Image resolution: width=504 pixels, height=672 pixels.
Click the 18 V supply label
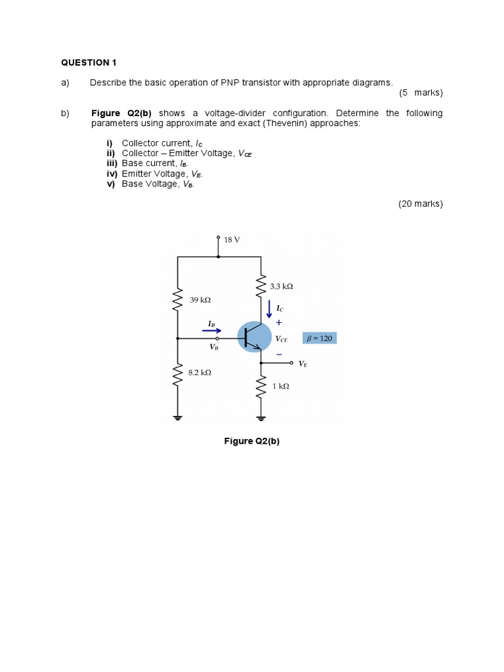[x=232, y=240]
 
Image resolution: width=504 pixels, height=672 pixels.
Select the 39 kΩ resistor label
[x=200, y=300]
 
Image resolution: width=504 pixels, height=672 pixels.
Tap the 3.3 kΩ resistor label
[x=282, y=287]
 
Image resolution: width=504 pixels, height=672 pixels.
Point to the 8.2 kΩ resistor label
[x=199, y=372]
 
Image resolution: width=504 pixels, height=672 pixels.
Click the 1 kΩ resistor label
[x=281, y=387]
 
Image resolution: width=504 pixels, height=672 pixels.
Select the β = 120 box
[x=320, y=339]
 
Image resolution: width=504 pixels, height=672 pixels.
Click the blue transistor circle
[x=254, y=337]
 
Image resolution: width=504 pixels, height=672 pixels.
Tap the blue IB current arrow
[x=211, y=331]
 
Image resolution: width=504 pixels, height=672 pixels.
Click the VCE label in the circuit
[x=282, y=339]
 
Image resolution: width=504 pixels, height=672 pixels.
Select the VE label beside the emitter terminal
[x=303, y=363]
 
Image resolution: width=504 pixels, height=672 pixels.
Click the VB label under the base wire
[x=214, y=347]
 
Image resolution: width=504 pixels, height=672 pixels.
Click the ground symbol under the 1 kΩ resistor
[x=261, y=417]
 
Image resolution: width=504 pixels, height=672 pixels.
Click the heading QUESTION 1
[x=89, y=63]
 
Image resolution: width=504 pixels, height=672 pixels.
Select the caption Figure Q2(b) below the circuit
[x=252, y=441]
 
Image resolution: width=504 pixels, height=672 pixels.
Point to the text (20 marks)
[x=421, y=204]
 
